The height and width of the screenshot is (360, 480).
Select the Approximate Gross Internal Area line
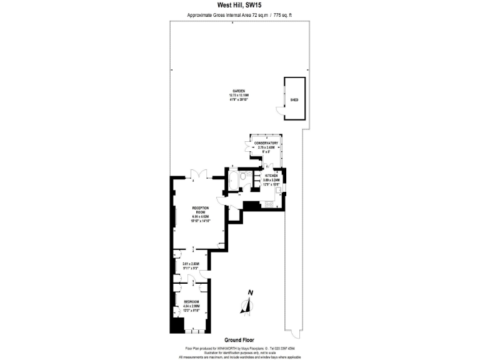239,16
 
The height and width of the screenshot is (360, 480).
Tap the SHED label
294,99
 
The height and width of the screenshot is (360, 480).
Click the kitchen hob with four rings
269,204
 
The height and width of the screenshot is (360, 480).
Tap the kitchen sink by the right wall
279,189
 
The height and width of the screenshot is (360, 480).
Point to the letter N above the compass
250,293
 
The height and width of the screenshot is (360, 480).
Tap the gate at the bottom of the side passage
289,329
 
